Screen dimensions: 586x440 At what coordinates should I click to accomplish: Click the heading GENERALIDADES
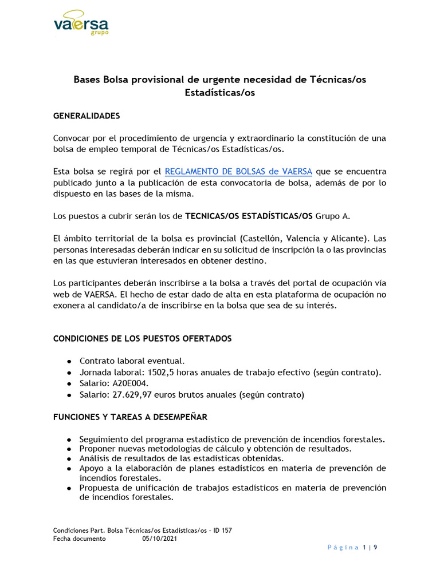(x=87, y=116)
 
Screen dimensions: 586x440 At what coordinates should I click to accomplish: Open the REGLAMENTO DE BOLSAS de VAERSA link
(x=238, y=171)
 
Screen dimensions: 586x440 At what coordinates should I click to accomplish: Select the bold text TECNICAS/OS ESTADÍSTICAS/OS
(x=249, y=216)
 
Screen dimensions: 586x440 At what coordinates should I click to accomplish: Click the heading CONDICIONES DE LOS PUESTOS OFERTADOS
(x=142, y=338)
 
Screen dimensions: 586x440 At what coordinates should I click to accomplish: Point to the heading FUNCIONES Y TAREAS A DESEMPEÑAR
(x=130, y=417)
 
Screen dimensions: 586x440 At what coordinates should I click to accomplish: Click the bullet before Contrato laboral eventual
(x=69, y=362)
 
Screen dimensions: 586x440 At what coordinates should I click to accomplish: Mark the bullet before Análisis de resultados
(x=69, y=458)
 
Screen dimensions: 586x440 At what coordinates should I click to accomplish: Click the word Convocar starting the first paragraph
(x=72, y=138)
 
